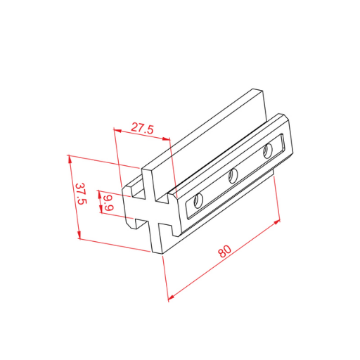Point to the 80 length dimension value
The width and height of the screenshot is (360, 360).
pyautogui.click(x=224, y=251)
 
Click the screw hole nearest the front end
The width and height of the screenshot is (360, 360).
pyautogui.click(x=198, y=201)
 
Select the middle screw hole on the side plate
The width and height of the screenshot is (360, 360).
pyautogui.click(x=233, y=176)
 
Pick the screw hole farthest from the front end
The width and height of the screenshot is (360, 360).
pyautogui.click(x=267, y=151)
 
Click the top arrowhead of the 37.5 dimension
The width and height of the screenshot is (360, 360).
pyautogui.click(x=70, y=159)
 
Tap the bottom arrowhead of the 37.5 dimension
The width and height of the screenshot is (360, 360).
pyautogui.click(x=79, y=235)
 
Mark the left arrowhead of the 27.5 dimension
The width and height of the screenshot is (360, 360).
pyautogui.click(x=117, y=130)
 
